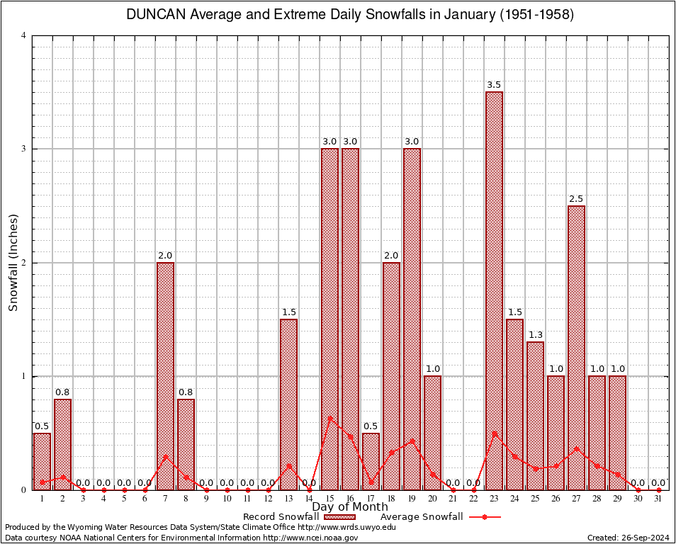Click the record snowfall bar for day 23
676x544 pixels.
pyautogui.click(x=494, y=290)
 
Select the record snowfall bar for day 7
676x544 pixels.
pyautogui.click(x=165, y=375)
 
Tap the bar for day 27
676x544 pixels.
pyautogui.click(x=576, y=347)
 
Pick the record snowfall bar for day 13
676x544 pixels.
pyautogui.click(x=288, y=404)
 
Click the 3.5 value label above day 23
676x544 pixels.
pyautogui.click(x=494, y=85)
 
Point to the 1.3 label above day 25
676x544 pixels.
pyautogui.click(x=535, y=335)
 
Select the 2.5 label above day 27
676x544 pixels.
pyautogui.click(x=576, y=199)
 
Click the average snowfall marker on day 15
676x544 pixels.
pyautogui.click(x=329, y=418)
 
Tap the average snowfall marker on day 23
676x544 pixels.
pyautogui.click(x=494, y=433)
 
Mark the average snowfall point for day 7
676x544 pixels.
pyautogui.click(x=165, y=456)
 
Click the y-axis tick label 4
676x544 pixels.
pyautogui.click(x=24, y=35)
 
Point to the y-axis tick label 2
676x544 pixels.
pyautogui.click(x=24, y=263)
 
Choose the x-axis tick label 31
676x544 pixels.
pyautogui.click(x=658, y=499)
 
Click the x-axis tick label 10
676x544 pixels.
pyautogui.click(x=227, y=499)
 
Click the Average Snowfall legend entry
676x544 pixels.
pyautogui.click(x=422, y=516)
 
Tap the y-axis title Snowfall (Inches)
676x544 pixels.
pyautogui.click(x=13, y=263)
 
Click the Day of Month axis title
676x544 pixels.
pyautogui.click(x=350, y=506)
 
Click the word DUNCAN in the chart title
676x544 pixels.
pyautogui.click(x=155, y=14)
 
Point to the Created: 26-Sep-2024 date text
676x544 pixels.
pyautogui.click(x=628, y=538)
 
